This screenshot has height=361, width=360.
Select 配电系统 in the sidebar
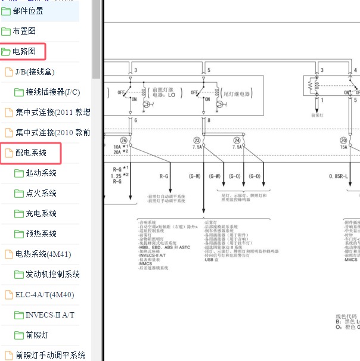point(30,153)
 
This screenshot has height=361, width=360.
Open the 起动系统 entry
point(41,173)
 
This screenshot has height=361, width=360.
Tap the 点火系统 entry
point(41,194)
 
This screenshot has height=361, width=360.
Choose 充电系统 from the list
point(41,214)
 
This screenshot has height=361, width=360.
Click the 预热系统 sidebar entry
point(41,234)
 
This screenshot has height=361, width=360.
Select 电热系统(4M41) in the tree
point(43,254)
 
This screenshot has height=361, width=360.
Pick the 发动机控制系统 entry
point(52,275)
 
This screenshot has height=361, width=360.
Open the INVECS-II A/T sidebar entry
point(50,315)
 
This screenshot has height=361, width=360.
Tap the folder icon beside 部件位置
point(6,11)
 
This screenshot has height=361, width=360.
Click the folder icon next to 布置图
point(6,32)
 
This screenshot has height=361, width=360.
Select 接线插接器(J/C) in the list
point(52,92)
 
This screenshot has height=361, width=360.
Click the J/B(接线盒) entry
point(35,72)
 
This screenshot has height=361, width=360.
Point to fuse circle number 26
point(124,140)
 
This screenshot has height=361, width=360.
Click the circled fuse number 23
point(197,140)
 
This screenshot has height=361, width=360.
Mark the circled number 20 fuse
point(344,140)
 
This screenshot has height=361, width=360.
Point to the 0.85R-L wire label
point(342,176)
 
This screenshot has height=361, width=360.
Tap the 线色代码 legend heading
point(347,316)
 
